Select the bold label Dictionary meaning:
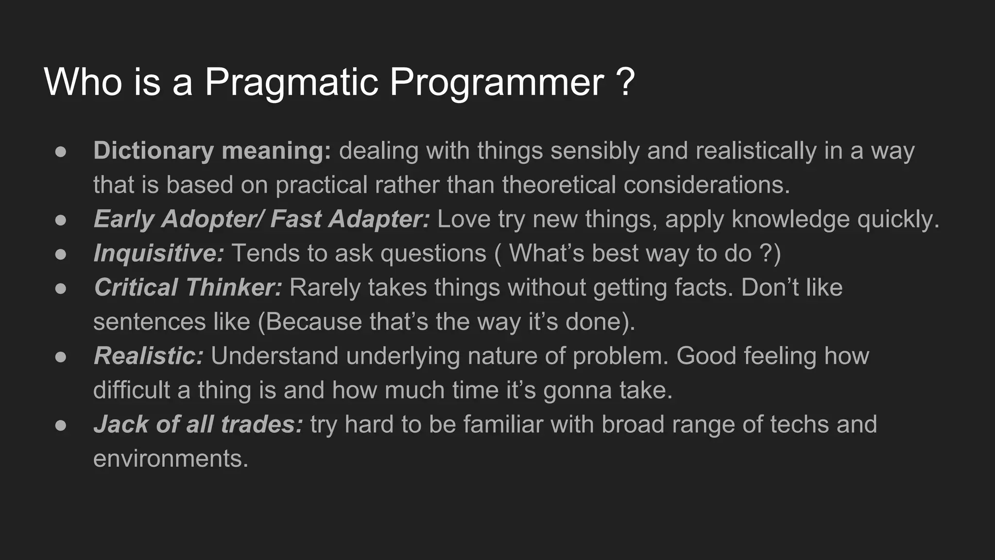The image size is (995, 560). pyautogui.click(x=212, y=151)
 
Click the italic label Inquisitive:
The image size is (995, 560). pyautogui.click(x=158, y=253)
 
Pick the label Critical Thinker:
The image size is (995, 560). pyautogui.click(x=188, y=287)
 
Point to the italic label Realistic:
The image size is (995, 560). pyautogui.click(x=148, y=356)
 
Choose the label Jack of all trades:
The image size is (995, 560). pyautogui.click(x=198, y=424)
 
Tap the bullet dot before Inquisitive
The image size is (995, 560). pyautogui.click(x=61, y=254)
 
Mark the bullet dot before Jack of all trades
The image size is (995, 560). pyautogui.click(x=61, y=425)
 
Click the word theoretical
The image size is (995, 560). pyautogui.click(x=559, y=185)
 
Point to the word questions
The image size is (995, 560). pyautogui.click(x=433, y=253)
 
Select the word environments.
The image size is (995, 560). pyautogui.click(x=171, y=458)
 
